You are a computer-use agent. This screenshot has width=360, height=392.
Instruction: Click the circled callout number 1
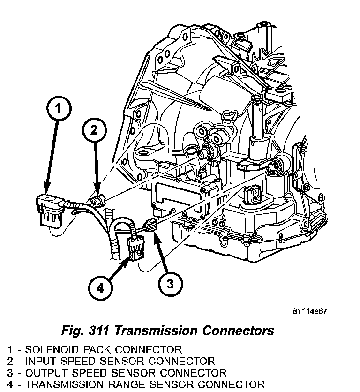click(57, 110)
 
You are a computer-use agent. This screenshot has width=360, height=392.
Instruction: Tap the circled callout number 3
click(170, 283)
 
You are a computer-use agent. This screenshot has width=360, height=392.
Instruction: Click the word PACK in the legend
click(101, 349)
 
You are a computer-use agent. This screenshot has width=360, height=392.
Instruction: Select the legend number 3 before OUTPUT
click(10, 373)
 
